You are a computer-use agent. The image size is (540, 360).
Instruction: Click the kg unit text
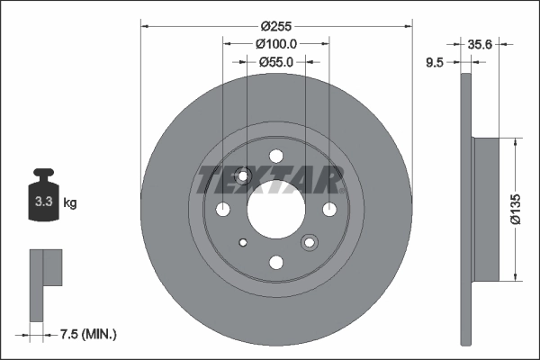70,203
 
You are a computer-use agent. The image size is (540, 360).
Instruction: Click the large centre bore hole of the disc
276,210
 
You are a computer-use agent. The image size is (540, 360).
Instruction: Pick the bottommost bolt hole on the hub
276,262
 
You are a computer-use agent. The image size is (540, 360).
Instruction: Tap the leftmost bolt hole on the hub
223,210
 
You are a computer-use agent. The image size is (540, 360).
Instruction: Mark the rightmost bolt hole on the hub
329,210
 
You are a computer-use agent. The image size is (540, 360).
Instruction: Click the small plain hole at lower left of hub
243,242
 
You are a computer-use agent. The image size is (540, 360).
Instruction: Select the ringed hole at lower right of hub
310,242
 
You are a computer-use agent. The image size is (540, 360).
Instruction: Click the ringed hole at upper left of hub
243,176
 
